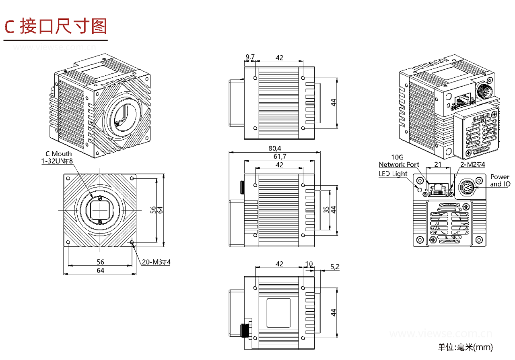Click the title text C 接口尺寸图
coord(56,26)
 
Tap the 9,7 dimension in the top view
coord(250,58)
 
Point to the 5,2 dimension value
coord(334,266)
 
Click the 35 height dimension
coord(326,209)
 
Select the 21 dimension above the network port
coord(437,165)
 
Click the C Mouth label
coord(59,153)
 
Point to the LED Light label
coord(393,174)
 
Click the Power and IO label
coord(499,180)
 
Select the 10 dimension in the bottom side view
coord(309,264)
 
